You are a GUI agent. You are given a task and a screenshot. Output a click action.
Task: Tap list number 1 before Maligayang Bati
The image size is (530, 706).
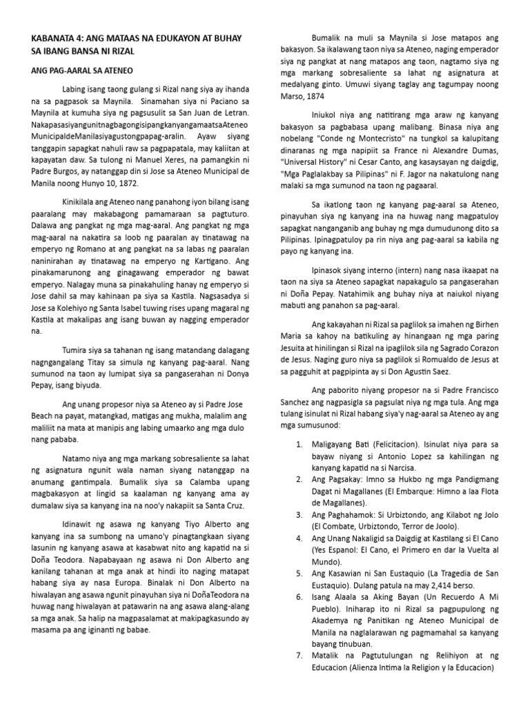(298, 444)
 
